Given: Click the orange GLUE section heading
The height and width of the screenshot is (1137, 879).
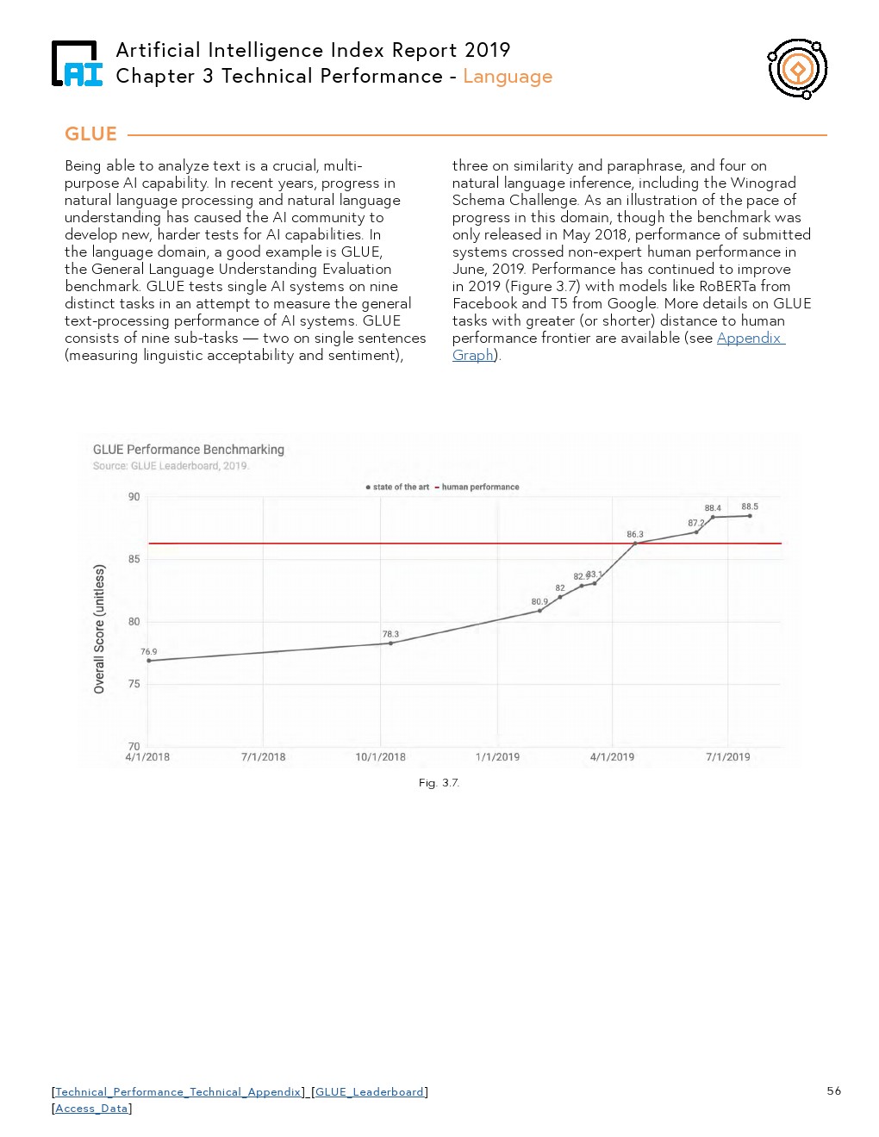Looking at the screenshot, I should coord(90,134).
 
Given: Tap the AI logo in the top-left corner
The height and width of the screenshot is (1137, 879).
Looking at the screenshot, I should coord(77,64).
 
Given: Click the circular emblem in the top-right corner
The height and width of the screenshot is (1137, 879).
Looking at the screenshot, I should coord(797,68).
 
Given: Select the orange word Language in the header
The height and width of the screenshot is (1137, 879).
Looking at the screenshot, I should coord(507,77).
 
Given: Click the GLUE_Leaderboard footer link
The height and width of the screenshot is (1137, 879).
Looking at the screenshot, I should coord(370,1091).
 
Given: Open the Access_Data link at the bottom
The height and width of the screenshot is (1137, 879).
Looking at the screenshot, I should coord(91,1109).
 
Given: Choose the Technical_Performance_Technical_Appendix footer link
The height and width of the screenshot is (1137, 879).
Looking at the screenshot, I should coord(178,1091).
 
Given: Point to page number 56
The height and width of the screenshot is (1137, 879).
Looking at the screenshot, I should coord(833,1090).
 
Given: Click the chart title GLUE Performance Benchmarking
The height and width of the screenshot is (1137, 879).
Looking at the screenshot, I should coord(188,450).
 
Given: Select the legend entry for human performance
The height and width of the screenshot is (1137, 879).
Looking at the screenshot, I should coord(480,488).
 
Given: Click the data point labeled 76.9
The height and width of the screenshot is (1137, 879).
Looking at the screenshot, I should coord(149,661).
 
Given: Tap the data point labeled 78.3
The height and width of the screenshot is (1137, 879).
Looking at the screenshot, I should coord(390,643).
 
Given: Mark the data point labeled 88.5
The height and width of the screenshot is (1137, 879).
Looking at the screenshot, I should coord(750,516).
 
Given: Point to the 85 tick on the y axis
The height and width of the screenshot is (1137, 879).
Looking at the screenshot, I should coord(134,559).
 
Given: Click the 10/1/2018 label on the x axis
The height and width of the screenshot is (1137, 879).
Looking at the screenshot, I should coord(380,757).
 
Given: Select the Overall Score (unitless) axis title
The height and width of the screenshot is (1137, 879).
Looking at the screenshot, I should coord(99,629).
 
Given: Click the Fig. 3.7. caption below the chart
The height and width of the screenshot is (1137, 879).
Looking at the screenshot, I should coord(439,783).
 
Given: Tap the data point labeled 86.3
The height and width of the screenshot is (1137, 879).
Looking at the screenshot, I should coord(635,544).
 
